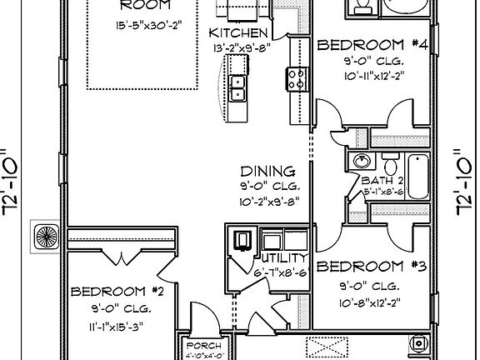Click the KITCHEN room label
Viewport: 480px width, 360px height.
[x=237, y=32]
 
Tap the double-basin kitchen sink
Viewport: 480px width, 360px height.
[x=237, y=85]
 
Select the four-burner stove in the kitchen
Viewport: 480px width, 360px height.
[x=296, y=79]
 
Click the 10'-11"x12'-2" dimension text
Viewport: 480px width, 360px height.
[x=373, y=75]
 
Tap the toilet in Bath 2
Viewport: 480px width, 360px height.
[x=390, y=160]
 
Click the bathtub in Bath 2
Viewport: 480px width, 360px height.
[x=419, y=175]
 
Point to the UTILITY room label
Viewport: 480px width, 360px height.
[x=283, y=257]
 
